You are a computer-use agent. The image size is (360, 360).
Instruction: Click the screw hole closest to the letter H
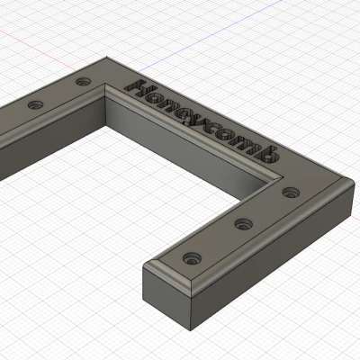click(x=84, y=82)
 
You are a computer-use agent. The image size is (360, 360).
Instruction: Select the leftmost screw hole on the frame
click(x=36, y=105)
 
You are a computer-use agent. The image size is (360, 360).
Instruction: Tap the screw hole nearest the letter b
click(x=290, y=192)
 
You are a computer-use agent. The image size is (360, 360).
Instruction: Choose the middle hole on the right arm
click(x=241, y=223)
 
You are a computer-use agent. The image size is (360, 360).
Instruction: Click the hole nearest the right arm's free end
click(x=190, y=258)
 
